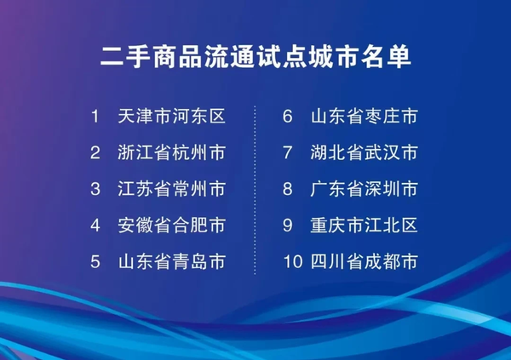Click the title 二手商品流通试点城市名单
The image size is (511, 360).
(x=255, y=56)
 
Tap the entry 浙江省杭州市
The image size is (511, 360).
(x=171, y=153)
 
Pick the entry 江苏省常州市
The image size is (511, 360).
(x=171, y=189)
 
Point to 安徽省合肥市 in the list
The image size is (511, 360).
(x=171, y=226)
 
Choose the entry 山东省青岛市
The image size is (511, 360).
(x=171, y=262)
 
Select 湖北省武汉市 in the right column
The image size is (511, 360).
(x=365, y=153)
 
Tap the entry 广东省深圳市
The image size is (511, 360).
(x=365, y=189)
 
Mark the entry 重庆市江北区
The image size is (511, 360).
(x=365, y=226)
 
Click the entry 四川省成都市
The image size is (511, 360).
(x=365, y=262)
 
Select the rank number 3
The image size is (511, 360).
(x=95, y=189)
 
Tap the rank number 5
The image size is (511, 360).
(x=95, y=262)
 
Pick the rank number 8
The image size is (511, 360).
(x=288, y=189)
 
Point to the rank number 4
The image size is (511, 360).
(x=95, y=226)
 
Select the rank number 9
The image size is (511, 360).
(x=288, y=226)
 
